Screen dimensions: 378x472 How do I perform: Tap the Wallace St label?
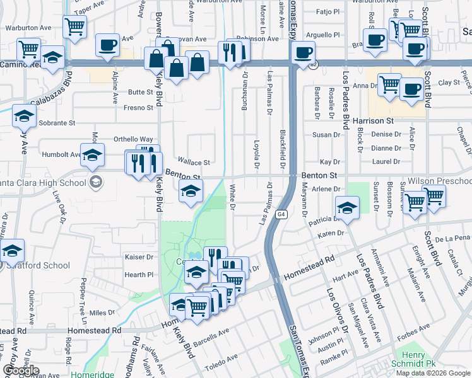(x=192, y=162)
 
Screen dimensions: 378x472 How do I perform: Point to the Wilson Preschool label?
(x=439, y=180)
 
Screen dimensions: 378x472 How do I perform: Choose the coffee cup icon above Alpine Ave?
(x=107, y=45)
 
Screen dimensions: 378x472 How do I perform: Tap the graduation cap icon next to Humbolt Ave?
(x=92, y=154)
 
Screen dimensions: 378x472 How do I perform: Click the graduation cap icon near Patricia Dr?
(x=346, y=207)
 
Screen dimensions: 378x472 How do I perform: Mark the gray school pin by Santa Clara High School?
(x=95, y=183)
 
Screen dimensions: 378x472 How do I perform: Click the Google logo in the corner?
(x=21, y=370)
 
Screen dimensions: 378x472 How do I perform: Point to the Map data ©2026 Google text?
(x=433, y=373)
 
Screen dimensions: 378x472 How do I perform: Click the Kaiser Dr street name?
(x=139, y=257)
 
